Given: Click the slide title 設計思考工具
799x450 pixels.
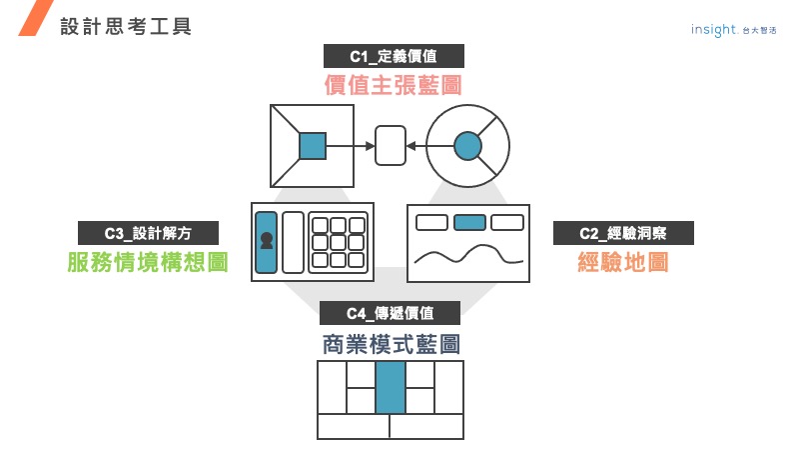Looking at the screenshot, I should (x=125, y=26).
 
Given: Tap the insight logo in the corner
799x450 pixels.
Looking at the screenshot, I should (x=733, y=30).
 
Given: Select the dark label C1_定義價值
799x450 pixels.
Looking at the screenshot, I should (x=393, y=56).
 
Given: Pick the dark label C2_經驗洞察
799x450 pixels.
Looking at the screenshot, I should (x=623, y=233).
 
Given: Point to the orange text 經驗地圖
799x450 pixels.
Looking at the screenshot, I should (x=623, y=263).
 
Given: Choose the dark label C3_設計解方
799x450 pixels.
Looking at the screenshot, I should (x=148, y=233).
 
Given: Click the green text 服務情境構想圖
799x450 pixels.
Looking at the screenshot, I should (x=148, y=263).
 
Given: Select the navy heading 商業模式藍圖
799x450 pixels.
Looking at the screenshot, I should (x=391, y=344).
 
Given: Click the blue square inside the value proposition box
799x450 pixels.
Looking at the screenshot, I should (x=313, y=146).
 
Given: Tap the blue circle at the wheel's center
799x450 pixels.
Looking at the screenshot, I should (x=467, y=147).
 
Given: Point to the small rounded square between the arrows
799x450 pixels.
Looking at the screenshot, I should (x=391, y=146).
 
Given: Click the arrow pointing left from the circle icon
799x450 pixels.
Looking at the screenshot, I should (x=416, y=147).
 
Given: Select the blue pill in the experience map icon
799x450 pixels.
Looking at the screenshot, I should (x=469, y=222).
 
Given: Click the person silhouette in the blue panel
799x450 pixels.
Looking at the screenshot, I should (x=266, y=242).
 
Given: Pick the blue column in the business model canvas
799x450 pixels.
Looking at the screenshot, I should (x=391, y=387).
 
